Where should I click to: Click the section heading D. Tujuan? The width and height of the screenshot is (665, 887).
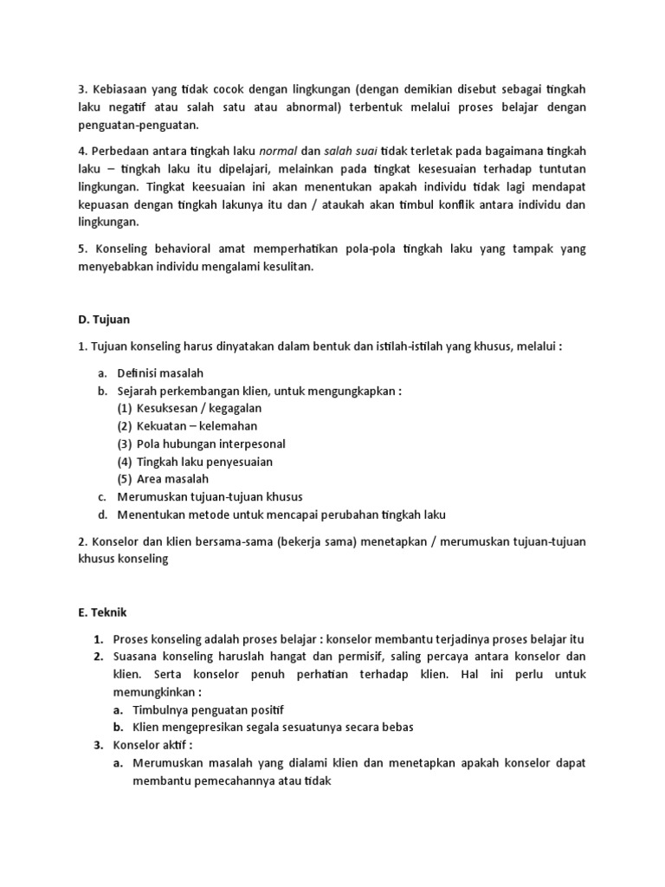(x=105, y=320)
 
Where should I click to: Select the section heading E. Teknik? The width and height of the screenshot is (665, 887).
(x=103, y=612)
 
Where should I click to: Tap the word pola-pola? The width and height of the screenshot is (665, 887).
(x=378, y=249)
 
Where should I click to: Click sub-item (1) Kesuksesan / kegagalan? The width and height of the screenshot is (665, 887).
(x=190, y=408)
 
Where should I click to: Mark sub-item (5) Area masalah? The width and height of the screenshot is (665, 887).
(x=163, y=479)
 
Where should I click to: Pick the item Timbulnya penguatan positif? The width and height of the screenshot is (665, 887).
(x=208, y=709)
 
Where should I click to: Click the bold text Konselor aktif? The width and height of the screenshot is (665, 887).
(x=152, y=745)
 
